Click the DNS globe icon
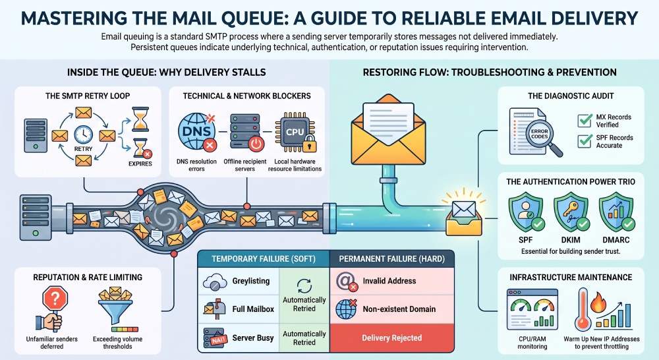(x=196, y=132)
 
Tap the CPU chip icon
(x=295, y=132)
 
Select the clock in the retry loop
(x=83, y=135)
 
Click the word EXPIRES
(x=140, y=164)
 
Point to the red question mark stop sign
(x=55, y=299)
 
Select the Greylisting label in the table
(x=251, y=281)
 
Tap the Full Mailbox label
(x=253, y=309)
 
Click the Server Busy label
(x=253, y=338)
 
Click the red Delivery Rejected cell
(x=391, y=338)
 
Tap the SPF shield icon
(x=526, y=212)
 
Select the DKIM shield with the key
(x=571, y=212)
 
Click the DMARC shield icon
(x=616, y=212)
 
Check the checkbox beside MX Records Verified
(x=585, y=120)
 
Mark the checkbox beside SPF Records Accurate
(x=585, y=141)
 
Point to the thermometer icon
(x=583, y=309)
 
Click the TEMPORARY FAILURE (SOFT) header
(x=264, y=258)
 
